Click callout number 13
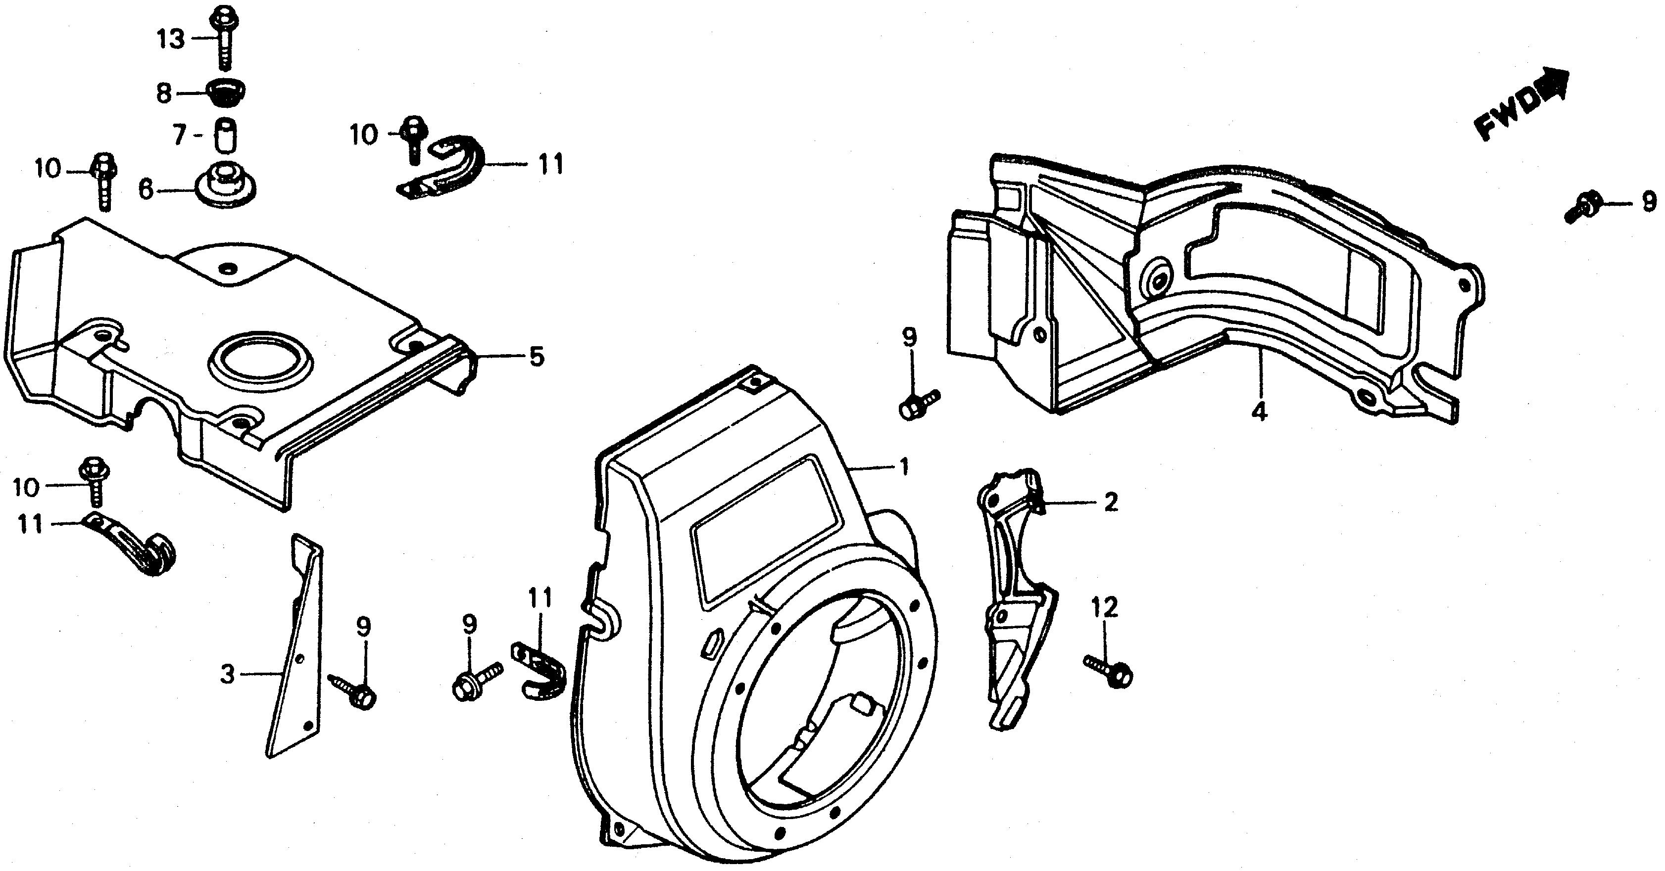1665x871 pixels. click(171, 40)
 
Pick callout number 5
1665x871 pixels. click(537, 357)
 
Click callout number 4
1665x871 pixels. click(1259, 411)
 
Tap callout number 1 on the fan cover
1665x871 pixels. click(904, 466)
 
